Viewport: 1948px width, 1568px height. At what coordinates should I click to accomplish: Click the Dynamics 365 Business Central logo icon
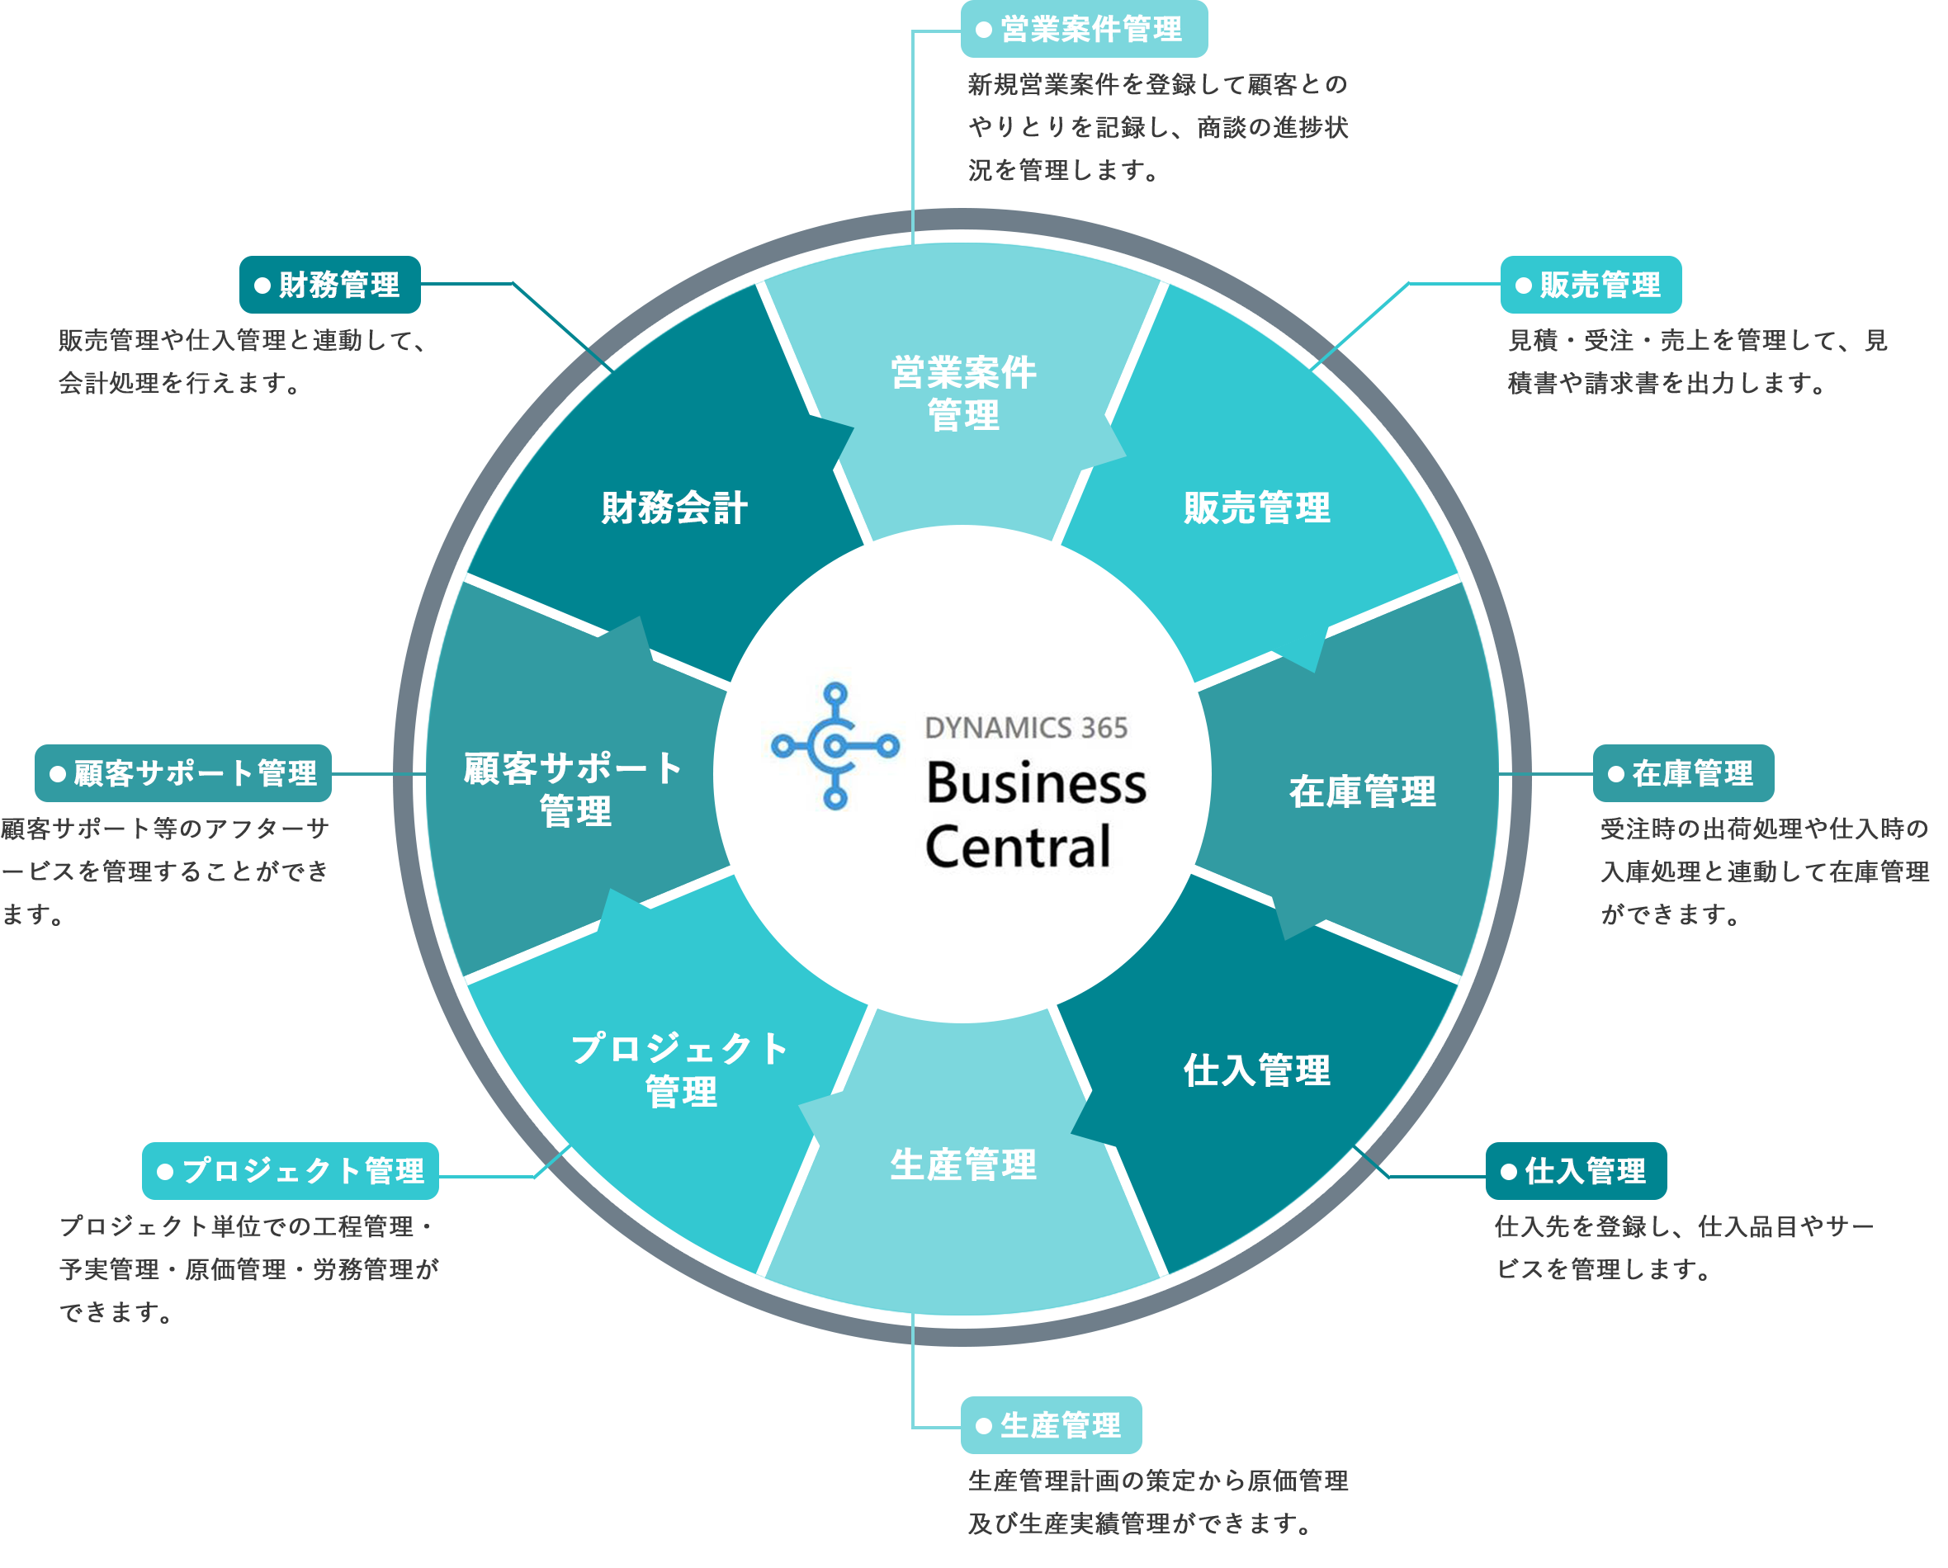pos(835,746)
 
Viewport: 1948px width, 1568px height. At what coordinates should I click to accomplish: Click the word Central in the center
pos(1018,848)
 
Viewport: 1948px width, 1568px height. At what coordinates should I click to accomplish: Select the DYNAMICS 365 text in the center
pos(1025,728)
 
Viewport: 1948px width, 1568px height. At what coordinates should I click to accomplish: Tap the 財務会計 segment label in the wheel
pos(674,508)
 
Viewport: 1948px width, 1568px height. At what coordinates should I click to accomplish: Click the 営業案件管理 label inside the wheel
pos(963,394)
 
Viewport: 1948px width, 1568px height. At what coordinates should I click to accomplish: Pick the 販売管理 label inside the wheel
pos(1257,508)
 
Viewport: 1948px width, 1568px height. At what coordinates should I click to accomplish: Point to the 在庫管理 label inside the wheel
pos(1362,791)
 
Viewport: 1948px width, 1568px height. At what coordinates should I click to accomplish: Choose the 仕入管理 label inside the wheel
pos(1257,1070)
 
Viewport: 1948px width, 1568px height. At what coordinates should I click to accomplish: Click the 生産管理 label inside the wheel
pos(963,1164)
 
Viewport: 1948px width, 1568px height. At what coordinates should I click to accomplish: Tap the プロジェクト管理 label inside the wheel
pos(680,1070)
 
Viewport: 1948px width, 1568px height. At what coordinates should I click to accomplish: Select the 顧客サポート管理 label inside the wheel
pos(574,790)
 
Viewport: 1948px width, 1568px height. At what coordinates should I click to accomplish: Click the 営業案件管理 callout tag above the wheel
pos(1083,30)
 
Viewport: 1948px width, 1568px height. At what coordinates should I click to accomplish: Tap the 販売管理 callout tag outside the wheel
pos(1591,286)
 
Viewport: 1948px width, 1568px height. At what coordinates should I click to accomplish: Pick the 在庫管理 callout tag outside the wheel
pos(1682,773)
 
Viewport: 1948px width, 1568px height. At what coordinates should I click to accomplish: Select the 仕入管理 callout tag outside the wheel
pos(1576,1172)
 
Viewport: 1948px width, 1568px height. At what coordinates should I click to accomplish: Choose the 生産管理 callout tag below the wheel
pos(1051,1425)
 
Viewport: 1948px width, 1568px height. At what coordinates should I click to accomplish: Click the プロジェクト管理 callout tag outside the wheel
pos(289,1172)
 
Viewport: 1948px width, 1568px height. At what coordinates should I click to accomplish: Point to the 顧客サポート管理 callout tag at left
pos(183,773)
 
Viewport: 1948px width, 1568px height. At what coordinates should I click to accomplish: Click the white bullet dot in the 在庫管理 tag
pos(1615,774)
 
